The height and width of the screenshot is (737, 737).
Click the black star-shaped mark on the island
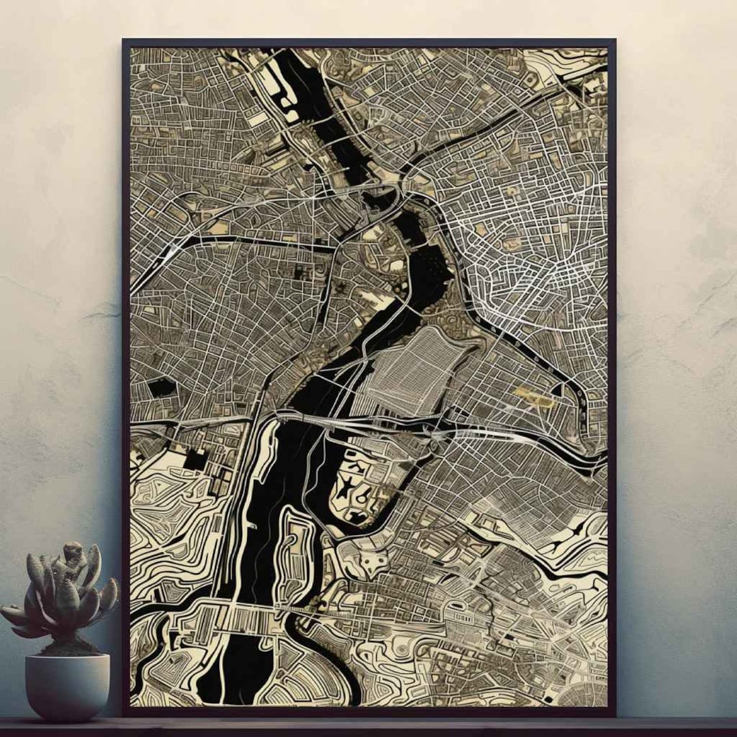pyautogui.click(x=350, y=486)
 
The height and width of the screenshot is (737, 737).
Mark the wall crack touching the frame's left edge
pyautogui.click(x=102, y=314)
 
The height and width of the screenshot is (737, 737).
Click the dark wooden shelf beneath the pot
pyautogui.click(x=369, y=726)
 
